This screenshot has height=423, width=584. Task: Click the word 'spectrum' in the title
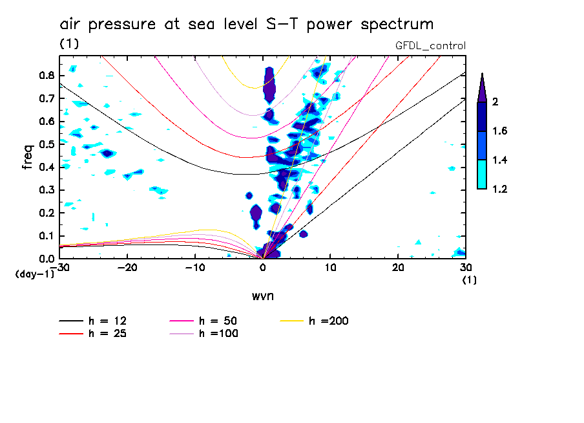(396, 25)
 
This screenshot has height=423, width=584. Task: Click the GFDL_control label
(430, 45)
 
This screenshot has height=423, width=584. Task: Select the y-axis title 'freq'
(28, 157)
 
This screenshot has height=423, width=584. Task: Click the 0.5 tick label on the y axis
(45, 144)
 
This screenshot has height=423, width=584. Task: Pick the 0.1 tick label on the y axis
(45, 235)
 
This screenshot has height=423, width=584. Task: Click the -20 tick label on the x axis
(128, 267)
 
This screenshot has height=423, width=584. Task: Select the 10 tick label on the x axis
(330, 267)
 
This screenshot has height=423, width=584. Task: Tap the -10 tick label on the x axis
(195, 267)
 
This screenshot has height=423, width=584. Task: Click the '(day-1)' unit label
(34, 274)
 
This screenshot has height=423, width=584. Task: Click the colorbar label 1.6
(499, 131)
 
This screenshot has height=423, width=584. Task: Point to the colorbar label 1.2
(499, 189)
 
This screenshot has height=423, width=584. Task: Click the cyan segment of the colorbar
(481, 174)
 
